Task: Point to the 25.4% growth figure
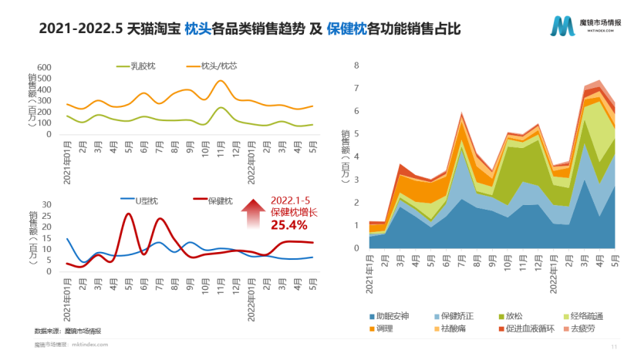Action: click(x=288, y=225)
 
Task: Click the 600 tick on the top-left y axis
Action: click(x=44, y=67)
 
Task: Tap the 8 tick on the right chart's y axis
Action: click(x=356, y=66)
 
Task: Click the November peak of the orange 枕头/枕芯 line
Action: click(x=221, y=81)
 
